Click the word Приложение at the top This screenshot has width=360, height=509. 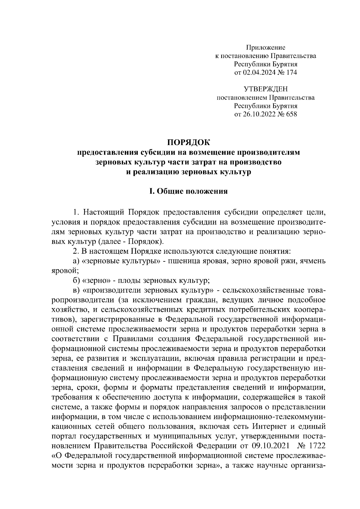265,47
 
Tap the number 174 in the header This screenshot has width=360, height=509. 291,72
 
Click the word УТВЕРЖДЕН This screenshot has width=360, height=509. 265,89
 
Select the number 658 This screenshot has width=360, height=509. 291,114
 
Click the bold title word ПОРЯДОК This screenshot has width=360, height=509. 189,141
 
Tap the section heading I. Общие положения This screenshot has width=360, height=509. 189,192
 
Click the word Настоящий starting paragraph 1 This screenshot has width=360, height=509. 103,213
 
